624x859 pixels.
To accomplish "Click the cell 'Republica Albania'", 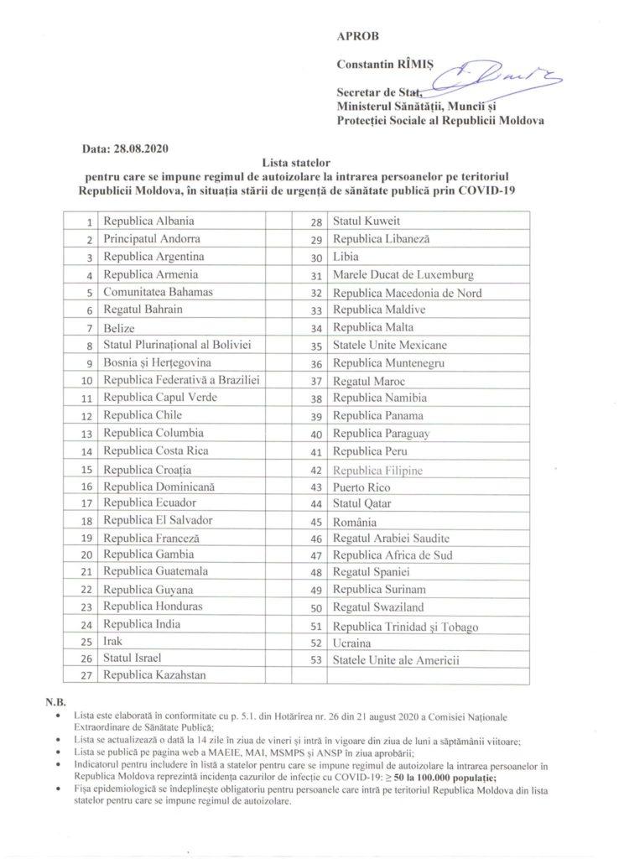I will pos(148,221).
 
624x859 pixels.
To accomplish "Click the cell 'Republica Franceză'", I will pos(151,537).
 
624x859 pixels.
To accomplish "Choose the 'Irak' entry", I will pos(113,641).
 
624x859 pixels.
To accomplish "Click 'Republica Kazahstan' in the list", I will pos(155,674).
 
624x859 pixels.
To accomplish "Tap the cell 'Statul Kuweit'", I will pos(367,221).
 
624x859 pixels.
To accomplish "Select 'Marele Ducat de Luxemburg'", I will pos(403,274).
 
